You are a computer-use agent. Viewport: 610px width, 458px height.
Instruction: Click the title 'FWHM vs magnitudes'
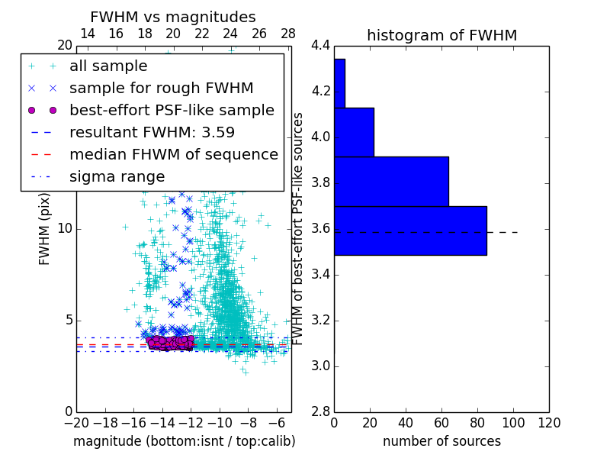click(x=172, y=17)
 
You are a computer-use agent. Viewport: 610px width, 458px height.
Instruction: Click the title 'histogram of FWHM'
click(x=441, y=35)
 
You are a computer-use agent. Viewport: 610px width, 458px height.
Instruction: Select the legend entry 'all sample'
click(x=108, y=66)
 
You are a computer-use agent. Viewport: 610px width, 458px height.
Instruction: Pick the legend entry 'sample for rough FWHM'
click(x=161, y=89)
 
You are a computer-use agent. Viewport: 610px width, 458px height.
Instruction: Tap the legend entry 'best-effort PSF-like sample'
click(x=172, y=111)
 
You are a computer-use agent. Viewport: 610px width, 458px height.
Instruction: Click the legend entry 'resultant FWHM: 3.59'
click(x=152, y=133)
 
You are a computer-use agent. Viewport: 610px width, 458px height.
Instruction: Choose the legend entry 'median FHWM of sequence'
click(x=173, y=155)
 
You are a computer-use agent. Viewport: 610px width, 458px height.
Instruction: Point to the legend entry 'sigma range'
click(x=117, y=177)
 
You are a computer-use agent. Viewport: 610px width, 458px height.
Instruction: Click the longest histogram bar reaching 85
click(x=410, y=231)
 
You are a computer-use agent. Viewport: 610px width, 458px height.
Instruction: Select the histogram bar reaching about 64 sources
click(x=391, y=181)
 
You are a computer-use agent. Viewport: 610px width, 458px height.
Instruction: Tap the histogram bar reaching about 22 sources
click(x=354, y=132)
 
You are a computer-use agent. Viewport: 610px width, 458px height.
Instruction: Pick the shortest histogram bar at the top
click(x=339, y=83)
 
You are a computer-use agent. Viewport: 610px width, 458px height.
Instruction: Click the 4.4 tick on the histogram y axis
click(x=321, y=46)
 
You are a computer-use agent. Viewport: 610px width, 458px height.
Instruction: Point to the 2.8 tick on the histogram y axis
click(x=321, y=411)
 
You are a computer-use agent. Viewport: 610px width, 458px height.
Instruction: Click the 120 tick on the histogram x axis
click(x=549, y=423)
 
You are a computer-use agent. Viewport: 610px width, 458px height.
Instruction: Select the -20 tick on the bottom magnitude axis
click(x=76, y=423)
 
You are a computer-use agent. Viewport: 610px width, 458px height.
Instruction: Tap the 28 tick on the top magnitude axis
click(x=288, y=34)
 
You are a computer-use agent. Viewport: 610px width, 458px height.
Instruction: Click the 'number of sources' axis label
click(x=441, y=441)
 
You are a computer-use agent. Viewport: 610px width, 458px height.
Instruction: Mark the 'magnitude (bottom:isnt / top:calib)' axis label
click(x=184, y=441)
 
